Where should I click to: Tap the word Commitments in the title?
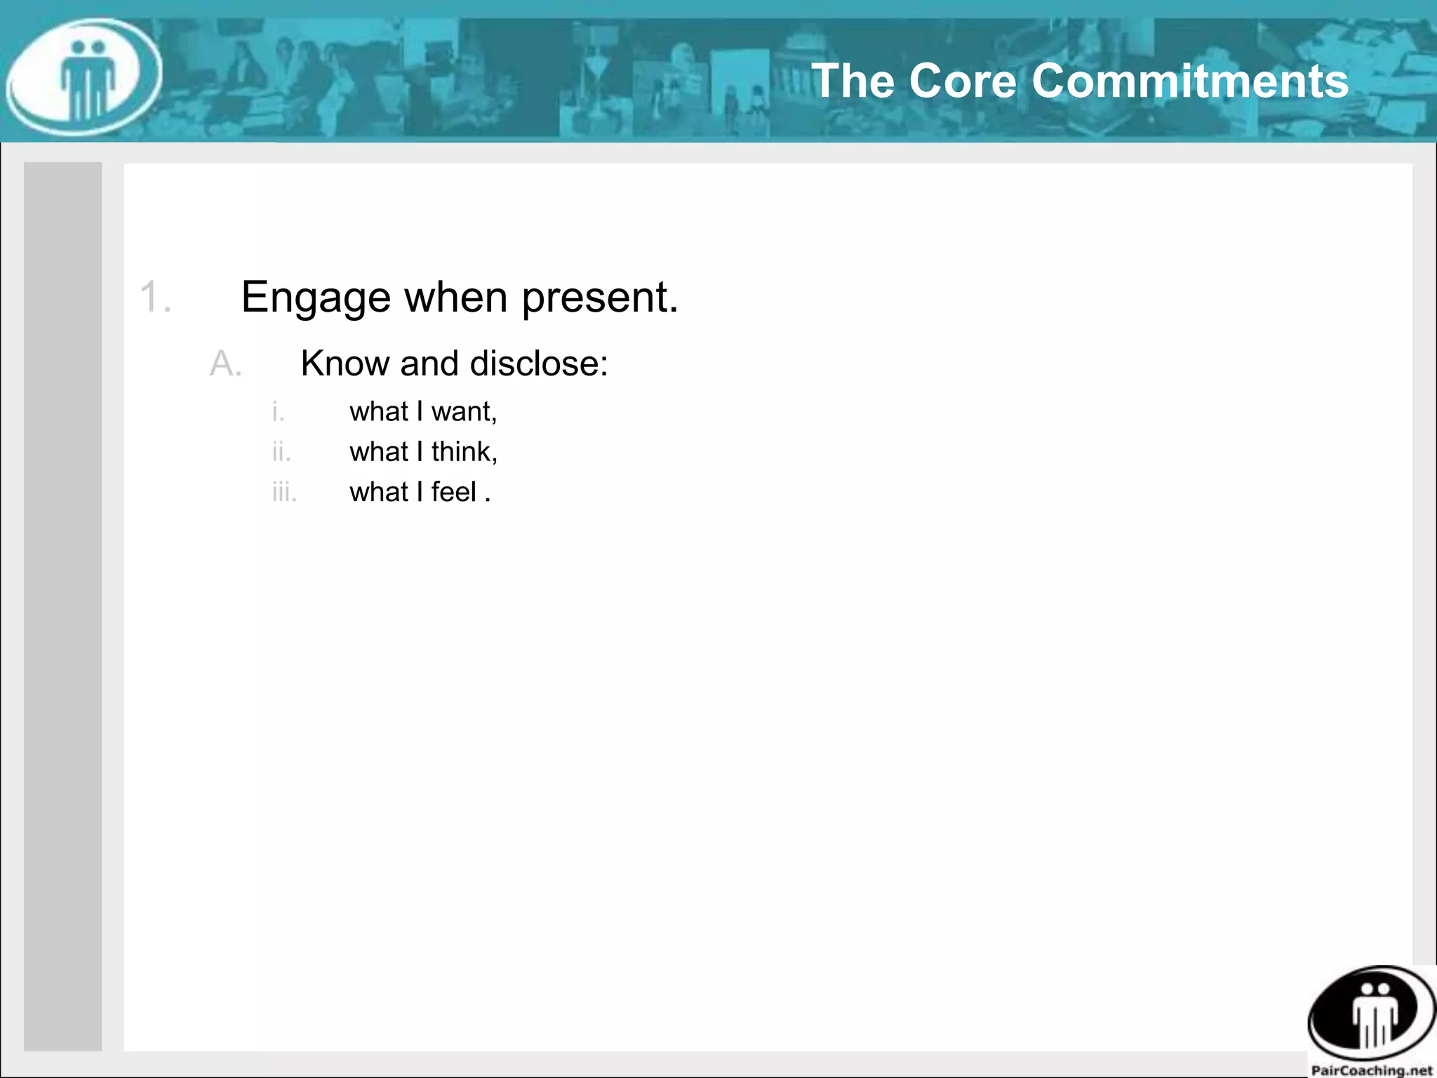point(1190,81)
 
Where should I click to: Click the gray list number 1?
point(155,297)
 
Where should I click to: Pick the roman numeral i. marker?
point(279,411)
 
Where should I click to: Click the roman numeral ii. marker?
point(281,452)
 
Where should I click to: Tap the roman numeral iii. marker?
point(284,492)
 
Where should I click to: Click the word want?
point(464,412)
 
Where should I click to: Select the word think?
point(464,452)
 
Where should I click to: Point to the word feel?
point(453,492)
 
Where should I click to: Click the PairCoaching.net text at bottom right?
point(1371,1070)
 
